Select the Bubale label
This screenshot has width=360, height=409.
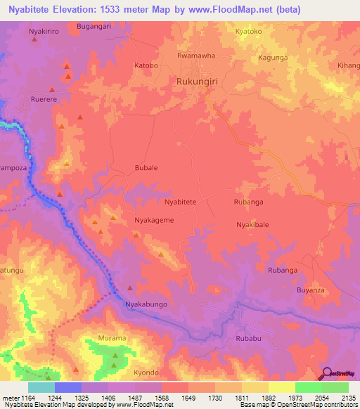[146, 169]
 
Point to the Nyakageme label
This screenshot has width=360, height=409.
[154, 220]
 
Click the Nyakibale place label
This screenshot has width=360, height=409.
[252, 225]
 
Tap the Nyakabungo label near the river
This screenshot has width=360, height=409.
[146, 304]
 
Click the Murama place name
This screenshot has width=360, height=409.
[112, 338]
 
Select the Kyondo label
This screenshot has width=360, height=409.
[146, 372]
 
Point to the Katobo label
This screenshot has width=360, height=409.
[146, 66]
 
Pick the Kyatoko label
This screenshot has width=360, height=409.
[248, 32]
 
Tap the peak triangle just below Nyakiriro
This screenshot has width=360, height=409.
[33, 39]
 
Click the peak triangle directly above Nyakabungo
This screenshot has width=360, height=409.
[129, 287]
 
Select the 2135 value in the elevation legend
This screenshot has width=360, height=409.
[348, 398]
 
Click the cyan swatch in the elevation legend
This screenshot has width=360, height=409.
[41, 387]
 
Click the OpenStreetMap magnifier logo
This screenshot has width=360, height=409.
[327, 373]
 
